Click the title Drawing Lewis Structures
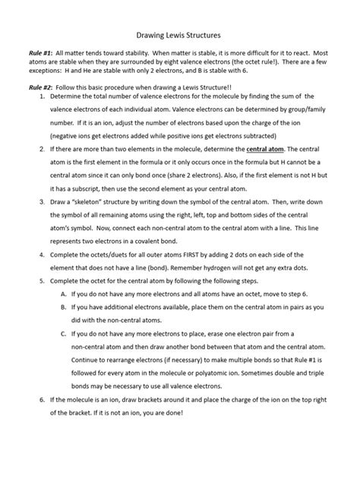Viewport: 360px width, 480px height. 180,35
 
